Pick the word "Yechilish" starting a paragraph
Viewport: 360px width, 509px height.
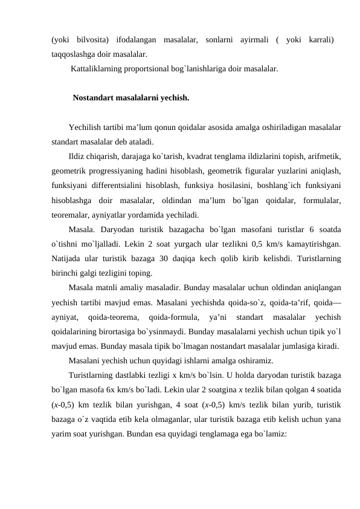tap(86, 128)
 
